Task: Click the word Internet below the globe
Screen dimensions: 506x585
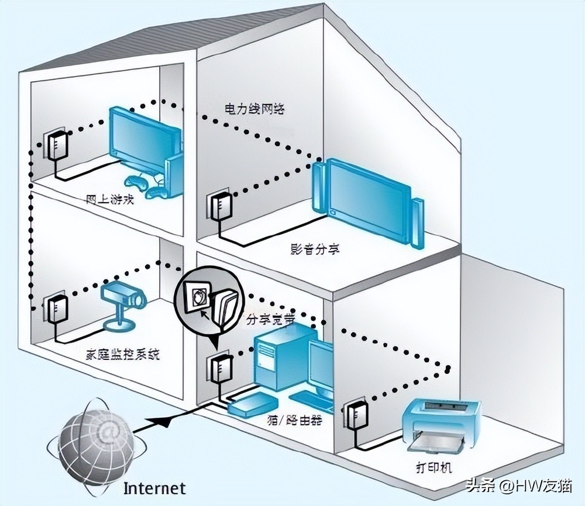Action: [155, 488]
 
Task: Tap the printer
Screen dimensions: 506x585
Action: [440, 424]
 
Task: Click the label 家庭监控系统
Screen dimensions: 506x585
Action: [122, 354]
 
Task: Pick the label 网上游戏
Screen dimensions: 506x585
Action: [110, 199]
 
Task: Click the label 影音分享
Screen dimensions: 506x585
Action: [314, 249]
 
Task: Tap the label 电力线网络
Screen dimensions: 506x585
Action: [254, 109]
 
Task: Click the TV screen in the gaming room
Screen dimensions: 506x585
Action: [144, 138]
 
